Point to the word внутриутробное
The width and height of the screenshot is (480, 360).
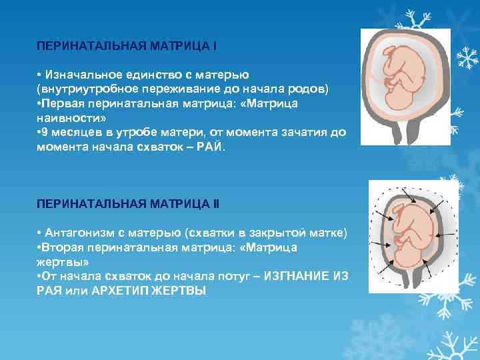click(x=85, y=89)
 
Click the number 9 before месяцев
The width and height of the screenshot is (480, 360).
click(x=45, y=131)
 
